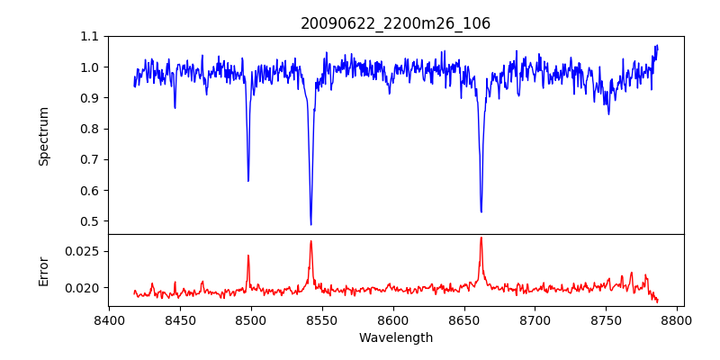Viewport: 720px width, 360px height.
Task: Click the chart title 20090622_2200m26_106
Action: (x=395, y=23)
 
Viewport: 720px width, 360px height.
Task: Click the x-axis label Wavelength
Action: (x=395, y=337)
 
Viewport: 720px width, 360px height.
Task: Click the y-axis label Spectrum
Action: (x=44, y=136)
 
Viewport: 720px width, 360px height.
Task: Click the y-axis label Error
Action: (x=44, y=270)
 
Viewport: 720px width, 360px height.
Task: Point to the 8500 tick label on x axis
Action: (x=250, y=319)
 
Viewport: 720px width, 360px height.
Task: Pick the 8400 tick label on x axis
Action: (x=108, y=319)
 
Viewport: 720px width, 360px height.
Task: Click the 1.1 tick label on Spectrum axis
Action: (x=89, y=36)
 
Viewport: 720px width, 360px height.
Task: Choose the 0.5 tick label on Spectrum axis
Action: (x=89, y=221)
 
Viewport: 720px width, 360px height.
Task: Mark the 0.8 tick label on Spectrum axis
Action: (x=89, y=129)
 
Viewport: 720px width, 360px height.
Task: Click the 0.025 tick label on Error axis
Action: (x=83, y=250)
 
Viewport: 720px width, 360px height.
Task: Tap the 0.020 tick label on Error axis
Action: (x=83, y=288)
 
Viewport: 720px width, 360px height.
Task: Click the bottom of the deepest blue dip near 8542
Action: (x=310, y=224)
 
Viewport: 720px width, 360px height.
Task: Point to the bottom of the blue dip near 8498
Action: (x=248, y=181)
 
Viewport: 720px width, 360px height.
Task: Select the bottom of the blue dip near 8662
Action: (x=481, y=211)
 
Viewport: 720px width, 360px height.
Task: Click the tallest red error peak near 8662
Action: (x=481, y=238)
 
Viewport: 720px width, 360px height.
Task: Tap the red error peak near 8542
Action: (x=310, y=241)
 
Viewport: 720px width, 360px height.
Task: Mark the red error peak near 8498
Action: (x=248, y=256)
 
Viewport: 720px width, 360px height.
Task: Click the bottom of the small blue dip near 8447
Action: (x=175, y=108)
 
